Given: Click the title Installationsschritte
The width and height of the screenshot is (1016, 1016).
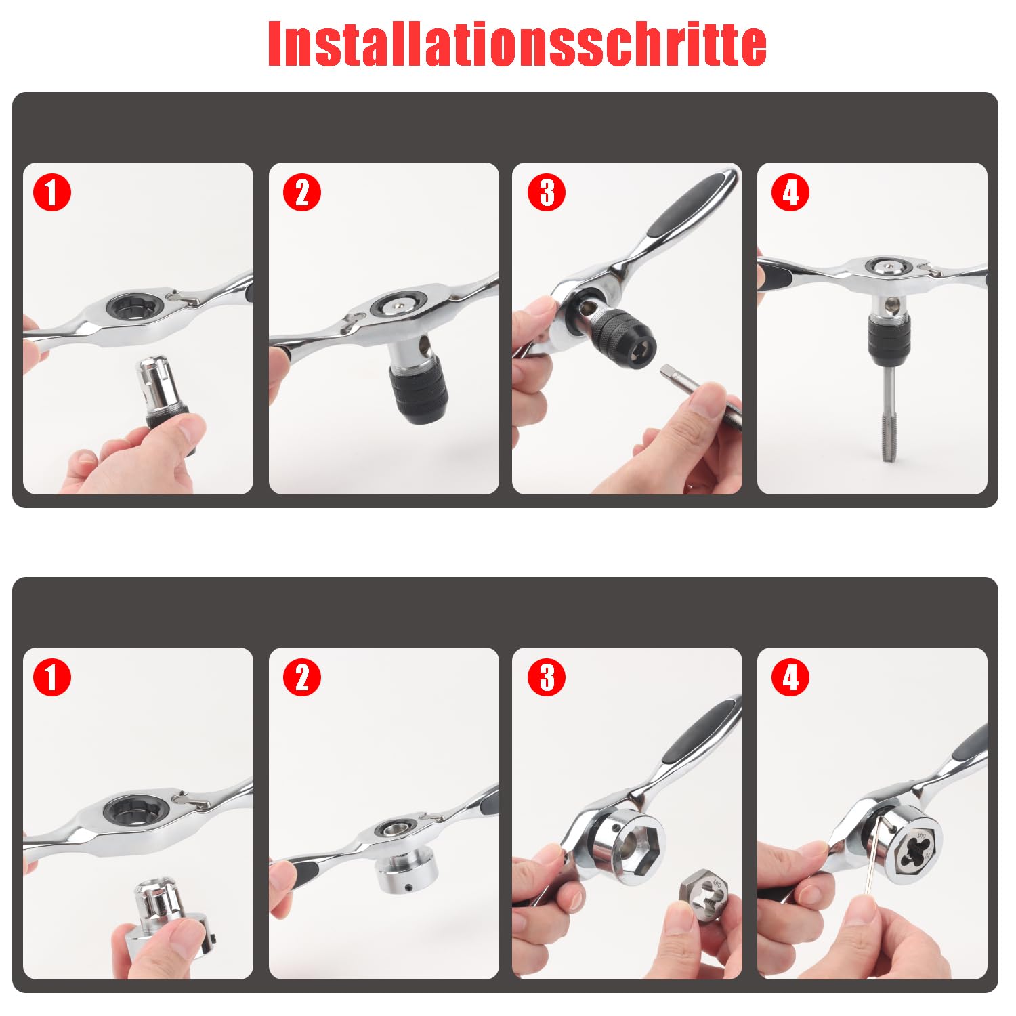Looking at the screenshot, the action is tap(517, 43).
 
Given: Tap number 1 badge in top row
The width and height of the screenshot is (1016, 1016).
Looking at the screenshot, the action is tap(52, 192).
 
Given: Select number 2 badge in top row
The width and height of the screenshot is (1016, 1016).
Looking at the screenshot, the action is tap(302, 192).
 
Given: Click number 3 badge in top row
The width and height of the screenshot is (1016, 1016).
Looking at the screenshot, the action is tap(546, 192).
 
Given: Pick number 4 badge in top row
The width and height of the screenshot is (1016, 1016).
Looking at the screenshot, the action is tap(790, 192).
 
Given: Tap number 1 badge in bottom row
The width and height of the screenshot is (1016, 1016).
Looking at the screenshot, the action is tap(52, 677).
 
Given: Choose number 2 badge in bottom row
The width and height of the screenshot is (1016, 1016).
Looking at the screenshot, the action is tap(302, 677).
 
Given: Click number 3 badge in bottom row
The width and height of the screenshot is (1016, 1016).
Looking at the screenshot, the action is tap(546, 677).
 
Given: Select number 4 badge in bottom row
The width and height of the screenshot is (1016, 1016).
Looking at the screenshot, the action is tap(790, 677).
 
